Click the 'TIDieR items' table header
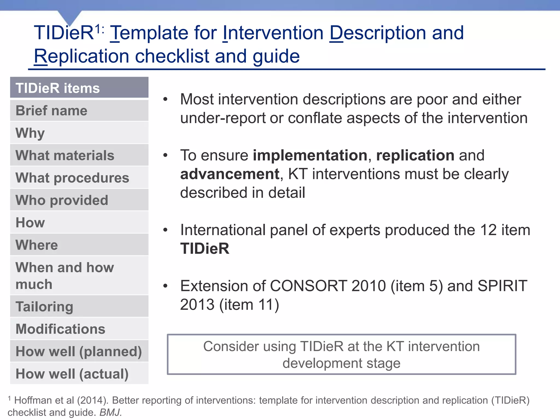click(x=79, y=88)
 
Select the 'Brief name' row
click(x=79, y=111)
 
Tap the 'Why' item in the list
click(x=79, y=133)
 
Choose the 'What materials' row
click(x=79, y=155)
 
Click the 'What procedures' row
click(x=79, y=178)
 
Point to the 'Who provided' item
click(x=79, y=200)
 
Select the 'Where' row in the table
click(x=79, y=245)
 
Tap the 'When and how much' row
click(x=79, y=276)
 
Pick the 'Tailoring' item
click(x=79, y=307)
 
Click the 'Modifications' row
click(x=79, y=329)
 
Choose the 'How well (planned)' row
click(x=79, y=351)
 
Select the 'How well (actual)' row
click(x=79, y=374)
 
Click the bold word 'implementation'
click(x=310, y=156)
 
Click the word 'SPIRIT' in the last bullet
click(x=502, y=286)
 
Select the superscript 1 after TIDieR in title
click(x=98, y=29)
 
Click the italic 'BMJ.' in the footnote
click(x=110, y=412)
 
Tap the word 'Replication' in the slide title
click(x=81, y=56)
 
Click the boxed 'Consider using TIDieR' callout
click(x=341, y=354)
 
